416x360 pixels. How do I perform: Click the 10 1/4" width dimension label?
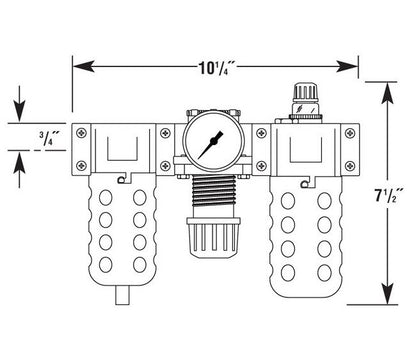(217, 68)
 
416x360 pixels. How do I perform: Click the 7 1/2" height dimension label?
(389, 195)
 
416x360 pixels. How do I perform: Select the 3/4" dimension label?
(49, 138)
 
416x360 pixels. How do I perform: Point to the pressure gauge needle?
(210, 145)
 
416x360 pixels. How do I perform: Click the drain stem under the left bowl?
(122, 295)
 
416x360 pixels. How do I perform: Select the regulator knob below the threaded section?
(213, 237)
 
